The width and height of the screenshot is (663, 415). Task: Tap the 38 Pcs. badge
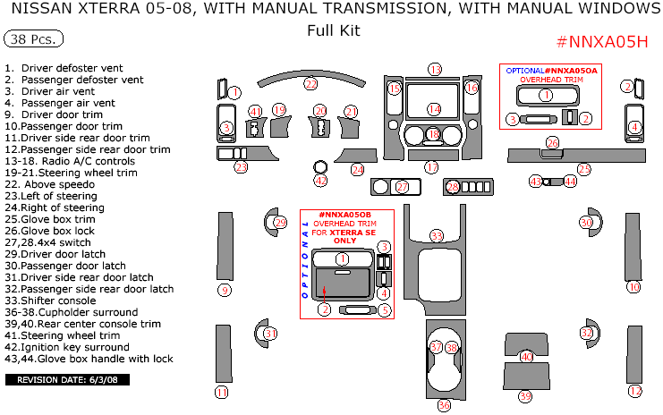[33, 40]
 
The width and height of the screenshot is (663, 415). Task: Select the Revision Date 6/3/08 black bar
[68, 380]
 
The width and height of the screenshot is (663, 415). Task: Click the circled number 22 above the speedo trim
[310, 84]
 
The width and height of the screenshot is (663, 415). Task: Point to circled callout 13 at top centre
[435, 69]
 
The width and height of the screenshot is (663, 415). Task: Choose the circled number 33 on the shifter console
[437, 235]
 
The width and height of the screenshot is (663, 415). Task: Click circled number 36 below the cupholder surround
[444, 405]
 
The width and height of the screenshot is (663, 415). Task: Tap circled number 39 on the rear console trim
[525, 395]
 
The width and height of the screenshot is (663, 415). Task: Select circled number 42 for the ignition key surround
[320, 181]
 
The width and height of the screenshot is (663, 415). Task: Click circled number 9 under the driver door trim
[225, 290]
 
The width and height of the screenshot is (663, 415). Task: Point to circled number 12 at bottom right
[635, 392]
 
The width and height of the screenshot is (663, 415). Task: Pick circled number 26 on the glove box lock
[553, 143]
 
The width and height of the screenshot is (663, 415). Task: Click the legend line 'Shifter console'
[64, 301]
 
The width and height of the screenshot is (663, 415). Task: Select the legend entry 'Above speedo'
[51, 184]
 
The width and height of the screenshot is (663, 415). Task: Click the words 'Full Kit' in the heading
[332, 30]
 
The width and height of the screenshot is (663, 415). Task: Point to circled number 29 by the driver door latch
[280, 223]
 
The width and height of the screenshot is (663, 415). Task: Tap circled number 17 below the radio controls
[432, 167]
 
